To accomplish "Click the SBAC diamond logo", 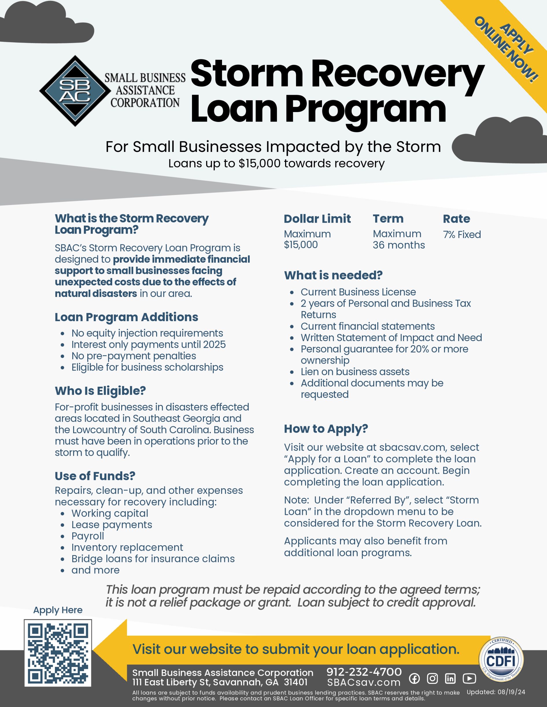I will coord(75,91).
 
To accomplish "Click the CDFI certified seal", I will coord(501,660).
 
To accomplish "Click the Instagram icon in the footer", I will coord(432,678).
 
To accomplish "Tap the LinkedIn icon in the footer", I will coord(450,678).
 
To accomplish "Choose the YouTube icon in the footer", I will coord(469,678).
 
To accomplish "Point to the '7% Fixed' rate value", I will coord(462,235).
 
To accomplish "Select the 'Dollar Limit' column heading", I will coord(317,219).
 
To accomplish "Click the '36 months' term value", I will coord(399,245).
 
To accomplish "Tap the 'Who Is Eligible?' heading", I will coord(100,391).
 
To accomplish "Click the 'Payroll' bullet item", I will coord(88,536).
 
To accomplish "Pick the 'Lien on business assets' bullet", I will coord(355,372).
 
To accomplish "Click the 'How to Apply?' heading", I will coord(326,429).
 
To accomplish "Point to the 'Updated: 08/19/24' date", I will coord(496,692).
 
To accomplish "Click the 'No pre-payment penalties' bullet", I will coord(134,356).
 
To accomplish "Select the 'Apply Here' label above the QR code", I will coord(58,610).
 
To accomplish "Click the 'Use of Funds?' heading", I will coord(95,476).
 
